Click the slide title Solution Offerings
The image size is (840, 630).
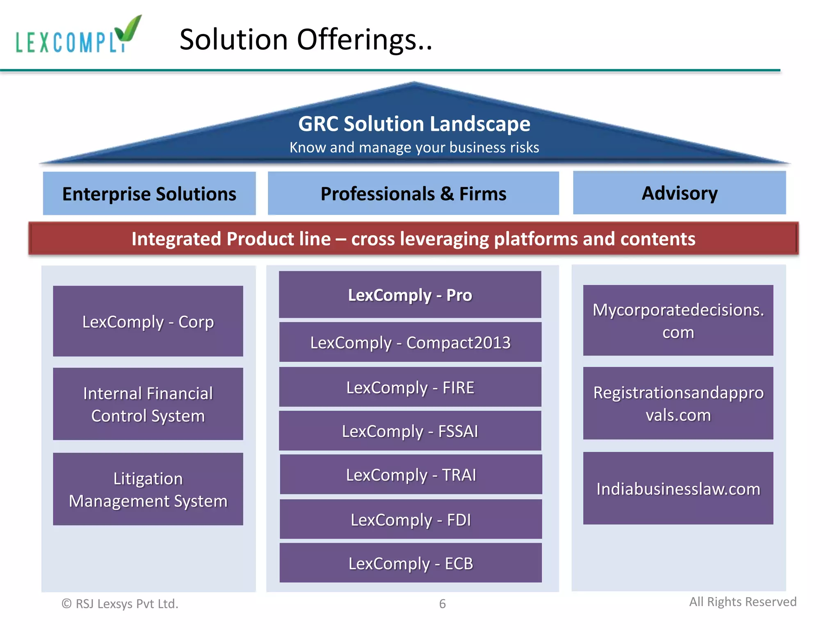pos(306,40)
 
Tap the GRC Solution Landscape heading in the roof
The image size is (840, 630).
pos(414,124)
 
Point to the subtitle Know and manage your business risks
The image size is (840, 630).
pos(414,148)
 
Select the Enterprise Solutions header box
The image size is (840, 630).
pos(149,194)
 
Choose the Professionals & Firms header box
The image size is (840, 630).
pos(413,194)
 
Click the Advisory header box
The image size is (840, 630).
pos(679,193)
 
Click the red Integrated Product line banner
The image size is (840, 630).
pos(413,239)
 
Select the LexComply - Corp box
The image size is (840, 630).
pos(148,321)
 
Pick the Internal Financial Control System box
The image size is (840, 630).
pos(148,404)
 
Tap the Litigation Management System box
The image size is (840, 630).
pos(148,489)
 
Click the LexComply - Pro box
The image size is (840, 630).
pos(410,294)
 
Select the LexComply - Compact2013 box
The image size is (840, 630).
pos(410,342)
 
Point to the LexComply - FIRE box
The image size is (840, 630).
pos(410,387)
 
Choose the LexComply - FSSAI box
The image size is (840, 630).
pos(410,431)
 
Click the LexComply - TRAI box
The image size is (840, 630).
pos(411,475)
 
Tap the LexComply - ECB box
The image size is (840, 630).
pos(411,563)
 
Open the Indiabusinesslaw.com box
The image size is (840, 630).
pos(678,488)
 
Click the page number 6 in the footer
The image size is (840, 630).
pos(442,604)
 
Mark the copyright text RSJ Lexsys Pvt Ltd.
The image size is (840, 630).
pos(120,604)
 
